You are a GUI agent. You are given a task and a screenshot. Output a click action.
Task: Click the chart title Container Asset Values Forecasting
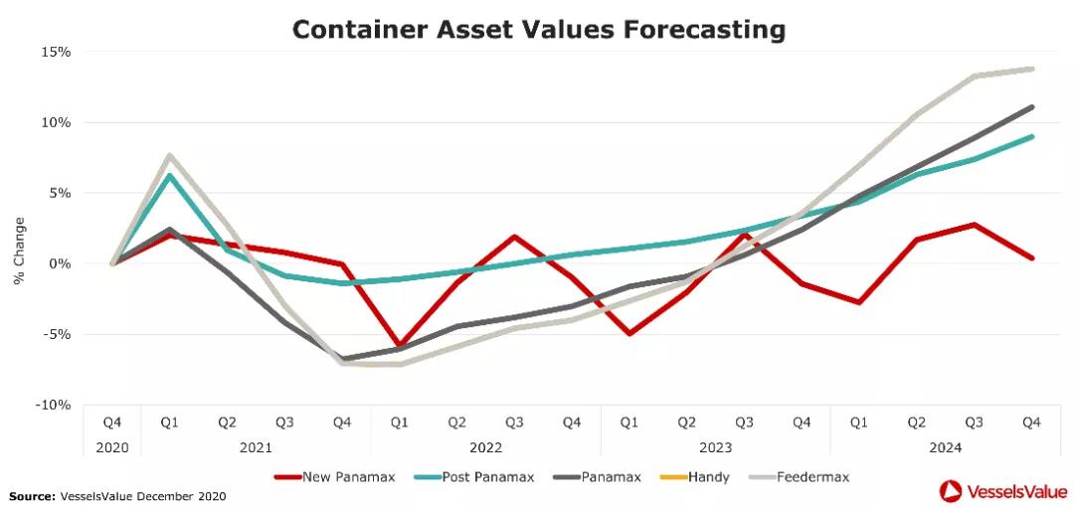coord(538,30)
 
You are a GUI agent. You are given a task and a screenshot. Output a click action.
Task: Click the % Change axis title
coord(19,251)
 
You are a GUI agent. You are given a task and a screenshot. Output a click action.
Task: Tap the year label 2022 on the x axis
coord(485,447)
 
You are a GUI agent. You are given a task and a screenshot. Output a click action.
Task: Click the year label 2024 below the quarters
coord(946,447)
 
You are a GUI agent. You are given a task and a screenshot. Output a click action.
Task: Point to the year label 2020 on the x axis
coord(111,447)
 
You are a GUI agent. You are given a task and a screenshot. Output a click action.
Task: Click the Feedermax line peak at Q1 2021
coord(170,155)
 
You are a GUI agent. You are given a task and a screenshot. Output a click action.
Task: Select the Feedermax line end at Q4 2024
coord(1032,69)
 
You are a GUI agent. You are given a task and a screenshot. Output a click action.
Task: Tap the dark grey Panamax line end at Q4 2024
coord(1032,106)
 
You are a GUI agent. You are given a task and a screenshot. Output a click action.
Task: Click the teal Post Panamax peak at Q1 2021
coord(170,176)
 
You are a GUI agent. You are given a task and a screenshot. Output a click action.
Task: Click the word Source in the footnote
coord(30,495)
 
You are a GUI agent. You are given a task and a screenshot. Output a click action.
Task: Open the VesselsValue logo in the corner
coord(1001,489)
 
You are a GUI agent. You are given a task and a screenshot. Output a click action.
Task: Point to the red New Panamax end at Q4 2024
coord(1032,257)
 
